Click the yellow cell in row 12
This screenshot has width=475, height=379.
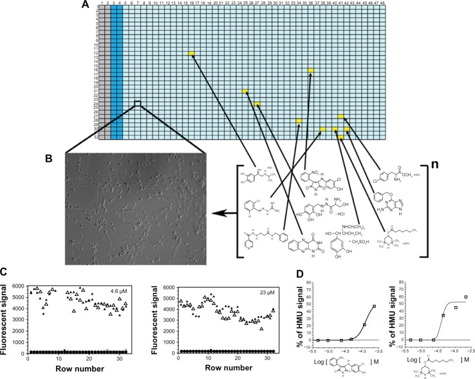pos(192,54)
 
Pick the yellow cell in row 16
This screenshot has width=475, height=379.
pos(312,70)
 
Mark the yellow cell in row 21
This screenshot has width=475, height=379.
pos(245,92)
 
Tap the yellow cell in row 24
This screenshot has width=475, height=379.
pos(257,104)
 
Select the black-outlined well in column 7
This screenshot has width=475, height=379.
pos(137,103)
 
